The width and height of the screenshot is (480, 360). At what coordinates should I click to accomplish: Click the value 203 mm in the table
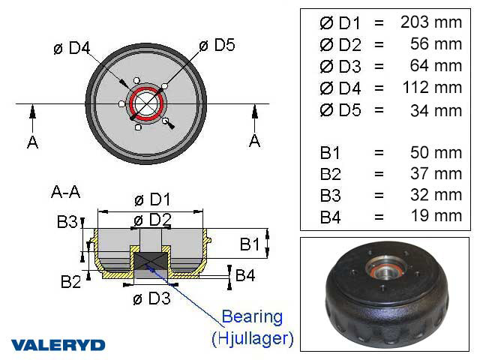[431, 22]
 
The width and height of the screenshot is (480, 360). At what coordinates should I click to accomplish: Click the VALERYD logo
[58, 345]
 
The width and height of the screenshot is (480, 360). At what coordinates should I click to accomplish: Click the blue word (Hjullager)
[252, 338]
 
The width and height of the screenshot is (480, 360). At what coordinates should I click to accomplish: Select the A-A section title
[66, 192]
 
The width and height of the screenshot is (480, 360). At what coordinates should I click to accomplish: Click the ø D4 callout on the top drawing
[72, 49]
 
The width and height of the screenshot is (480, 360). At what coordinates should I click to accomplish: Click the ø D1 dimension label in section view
[152, 200]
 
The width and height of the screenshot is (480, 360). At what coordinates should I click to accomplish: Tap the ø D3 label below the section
[152, 299]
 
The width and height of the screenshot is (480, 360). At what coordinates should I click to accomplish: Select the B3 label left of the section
[67, 222]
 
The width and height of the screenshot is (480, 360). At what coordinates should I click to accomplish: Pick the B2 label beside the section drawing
[71, 281]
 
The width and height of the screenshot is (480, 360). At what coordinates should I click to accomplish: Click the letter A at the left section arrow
[32, 142]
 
